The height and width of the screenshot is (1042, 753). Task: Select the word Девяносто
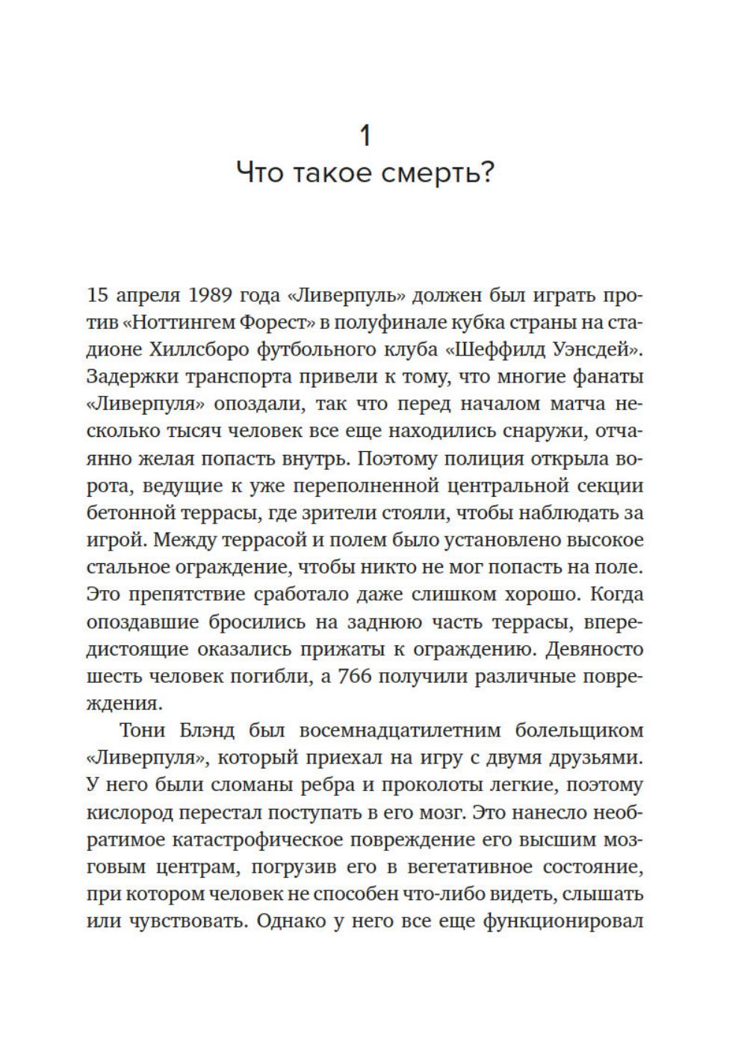(595, 649)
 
